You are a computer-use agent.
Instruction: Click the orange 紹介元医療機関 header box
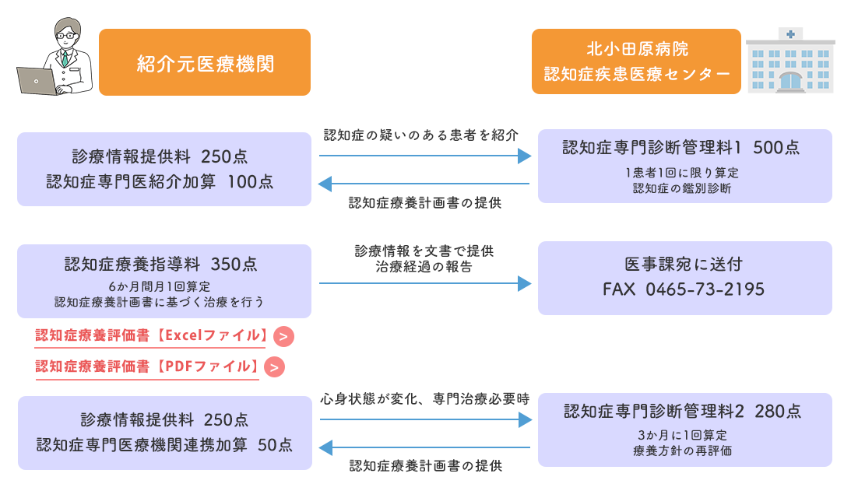[x=205, y=62]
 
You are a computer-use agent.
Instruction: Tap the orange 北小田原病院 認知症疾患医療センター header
[x=636, y=61]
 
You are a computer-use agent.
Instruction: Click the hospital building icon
[x=789, y=61]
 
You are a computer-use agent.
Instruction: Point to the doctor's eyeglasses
[x=66, y=35]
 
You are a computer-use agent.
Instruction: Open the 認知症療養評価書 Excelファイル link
[x=153, y=336]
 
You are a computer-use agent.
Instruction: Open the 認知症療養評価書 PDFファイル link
[x=147, y=366]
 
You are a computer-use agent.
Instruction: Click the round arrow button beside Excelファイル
[x=285, y=337]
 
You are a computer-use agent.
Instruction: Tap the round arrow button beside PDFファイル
[x=274, y=367]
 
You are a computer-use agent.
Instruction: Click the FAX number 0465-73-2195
[x=684, y=289]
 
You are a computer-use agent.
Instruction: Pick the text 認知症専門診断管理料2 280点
[x=682, y=411]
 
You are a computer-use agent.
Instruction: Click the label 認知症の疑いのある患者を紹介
[x=420, y=135]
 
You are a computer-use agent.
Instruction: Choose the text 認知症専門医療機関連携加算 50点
[x=164, y=445]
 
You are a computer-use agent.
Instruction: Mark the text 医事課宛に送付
[x=684, y=263]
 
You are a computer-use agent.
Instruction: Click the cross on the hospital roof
[x=790, y=34]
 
